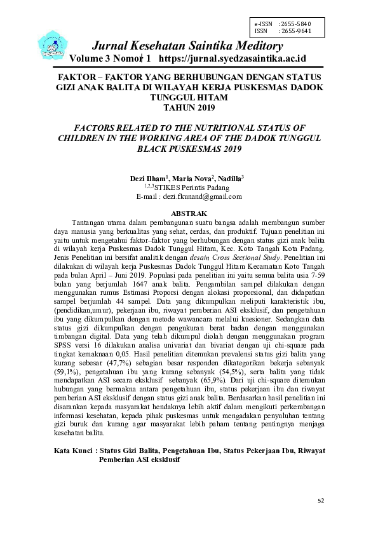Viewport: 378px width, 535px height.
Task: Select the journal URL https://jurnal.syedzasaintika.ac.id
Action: [x=233, y=58]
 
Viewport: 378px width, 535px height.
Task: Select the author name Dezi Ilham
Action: [x=149, y=179]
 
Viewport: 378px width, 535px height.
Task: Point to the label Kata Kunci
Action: [x=73, y=449]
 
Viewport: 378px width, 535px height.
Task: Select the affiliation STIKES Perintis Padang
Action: [x=194, y=187]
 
